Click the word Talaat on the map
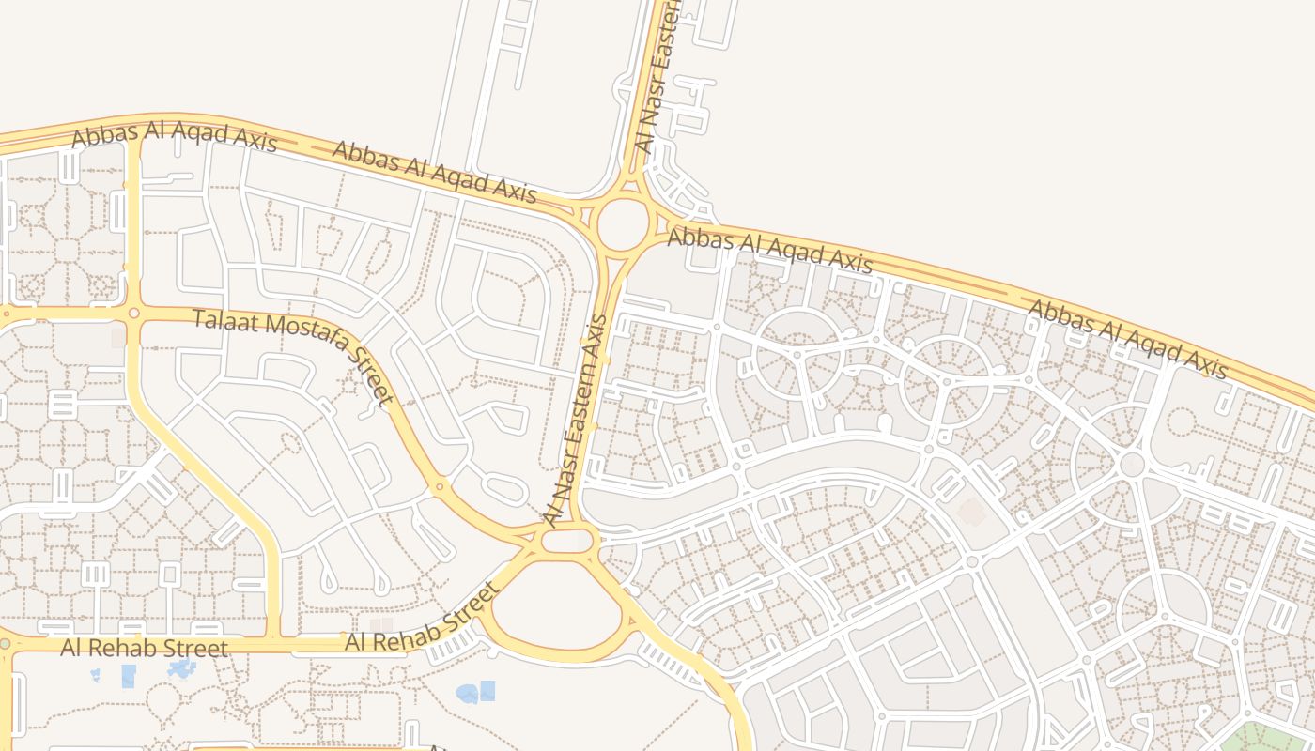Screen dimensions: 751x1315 224,322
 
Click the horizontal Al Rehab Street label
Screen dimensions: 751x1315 144,648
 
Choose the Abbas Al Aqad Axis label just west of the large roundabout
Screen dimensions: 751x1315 434,172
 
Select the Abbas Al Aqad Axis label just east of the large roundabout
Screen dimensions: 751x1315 769,250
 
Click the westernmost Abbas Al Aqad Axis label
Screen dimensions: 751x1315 174,136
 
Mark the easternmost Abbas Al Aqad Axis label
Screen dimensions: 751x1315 1127,339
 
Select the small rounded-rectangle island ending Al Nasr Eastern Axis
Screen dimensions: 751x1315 568,541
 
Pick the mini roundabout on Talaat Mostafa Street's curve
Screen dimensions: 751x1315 439,486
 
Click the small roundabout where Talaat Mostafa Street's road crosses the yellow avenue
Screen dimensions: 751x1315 133,313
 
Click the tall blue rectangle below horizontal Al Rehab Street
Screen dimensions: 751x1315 129,676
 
